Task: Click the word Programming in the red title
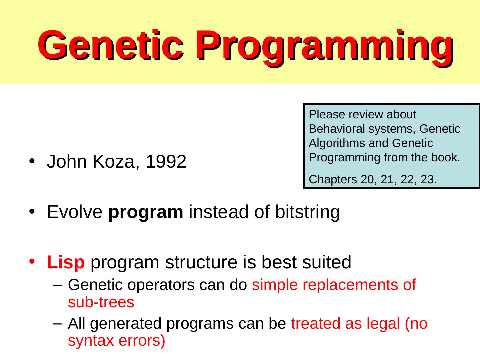coord(325,47)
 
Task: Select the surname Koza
coord(114,162)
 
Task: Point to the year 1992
coord(166,162)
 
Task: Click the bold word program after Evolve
coord(146,212)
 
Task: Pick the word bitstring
coord(307,212)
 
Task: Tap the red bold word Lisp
coord(66,262)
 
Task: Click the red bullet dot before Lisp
coord(32,261)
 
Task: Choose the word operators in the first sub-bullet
coord(161,285)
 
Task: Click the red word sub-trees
coord(101,302)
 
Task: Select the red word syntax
coord(91,341)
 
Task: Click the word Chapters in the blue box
coord(333,180)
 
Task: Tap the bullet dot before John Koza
coord(32,161)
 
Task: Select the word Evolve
coord(75,212)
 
